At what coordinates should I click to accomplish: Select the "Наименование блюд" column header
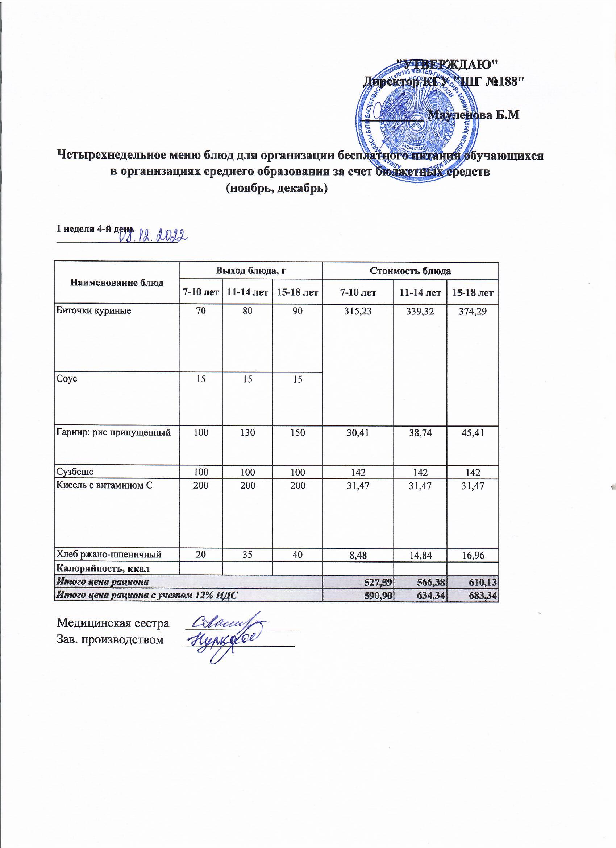tap(117, 283)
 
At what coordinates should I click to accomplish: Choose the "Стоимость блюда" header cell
tap(410, 271)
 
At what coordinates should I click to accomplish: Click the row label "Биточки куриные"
tap(93, 310)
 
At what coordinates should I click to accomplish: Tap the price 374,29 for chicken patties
tap(473, 311)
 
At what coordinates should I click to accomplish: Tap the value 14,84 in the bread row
tap(421, 555)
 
